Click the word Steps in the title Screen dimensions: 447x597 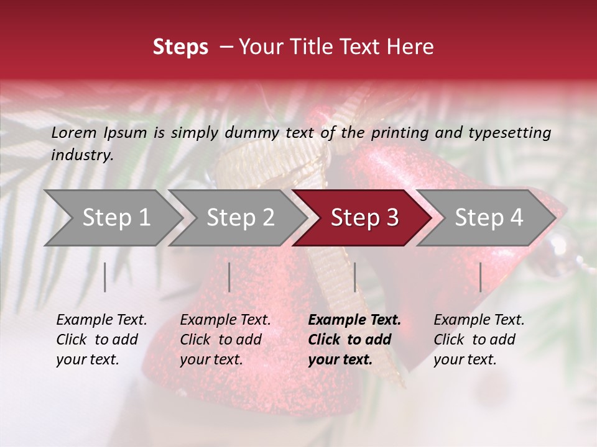click(180, 48)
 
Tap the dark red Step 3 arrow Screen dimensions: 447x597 click(364, 218)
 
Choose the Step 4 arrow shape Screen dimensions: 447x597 click(489, 218)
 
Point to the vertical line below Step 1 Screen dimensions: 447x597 click(105, 277)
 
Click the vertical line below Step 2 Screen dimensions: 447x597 click(229, 277)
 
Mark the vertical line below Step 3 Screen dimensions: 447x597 click(354, 277)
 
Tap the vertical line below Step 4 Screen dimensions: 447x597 click(480, 277)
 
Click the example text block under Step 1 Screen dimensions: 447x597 click(101, 340)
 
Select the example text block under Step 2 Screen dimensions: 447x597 click(225, 340)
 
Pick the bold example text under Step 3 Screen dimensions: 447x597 click(354, 340)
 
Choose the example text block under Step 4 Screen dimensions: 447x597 click(479, 340)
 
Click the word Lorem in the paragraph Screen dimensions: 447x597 click(74, 133)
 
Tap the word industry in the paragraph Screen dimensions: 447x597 click(81, 155)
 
